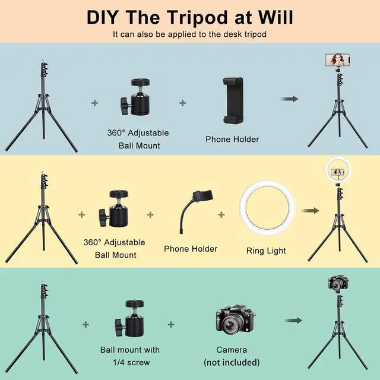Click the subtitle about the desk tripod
point(190,34)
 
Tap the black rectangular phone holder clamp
point(232,100)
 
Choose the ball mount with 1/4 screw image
point(128,321)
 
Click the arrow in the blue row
point(289,99)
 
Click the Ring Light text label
point(266,251)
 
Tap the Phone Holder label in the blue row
point(232,140)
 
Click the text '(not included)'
point(232,362)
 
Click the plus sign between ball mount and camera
point(171,324)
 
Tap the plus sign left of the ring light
point(221,214)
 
